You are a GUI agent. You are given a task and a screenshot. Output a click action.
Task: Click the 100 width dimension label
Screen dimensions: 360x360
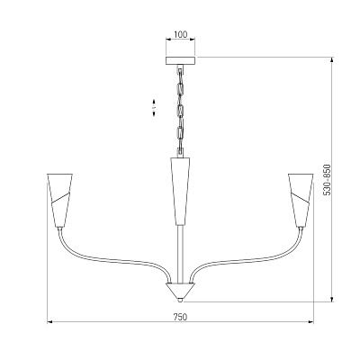click(x=181, y=34)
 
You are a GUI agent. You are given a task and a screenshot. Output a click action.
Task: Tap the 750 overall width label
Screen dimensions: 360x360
click(x=180, y=317)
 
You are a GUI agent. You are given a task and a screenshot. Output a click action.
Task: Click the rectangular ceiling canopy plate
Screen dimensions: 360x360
click(x=180, y=60)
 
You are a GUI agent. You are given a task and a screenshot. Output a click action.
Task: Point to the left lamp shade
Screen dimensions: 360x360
click(x=60, y=200)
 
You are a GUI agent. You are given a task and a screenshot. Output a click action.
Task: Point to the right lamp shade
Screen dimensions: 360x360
click(x=301, y=200)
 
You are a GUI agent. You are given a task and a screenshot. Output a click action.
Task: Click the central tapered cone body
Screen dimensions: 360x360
click(x=180, y=191)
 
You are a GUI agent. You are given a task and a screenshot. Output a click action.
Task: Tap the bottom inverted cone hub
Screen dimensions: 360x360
click(x=180, y=290)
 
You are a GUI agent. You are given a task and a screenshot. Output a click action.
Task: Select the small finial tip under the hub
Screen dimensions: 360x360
click(x=180, y=300)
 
